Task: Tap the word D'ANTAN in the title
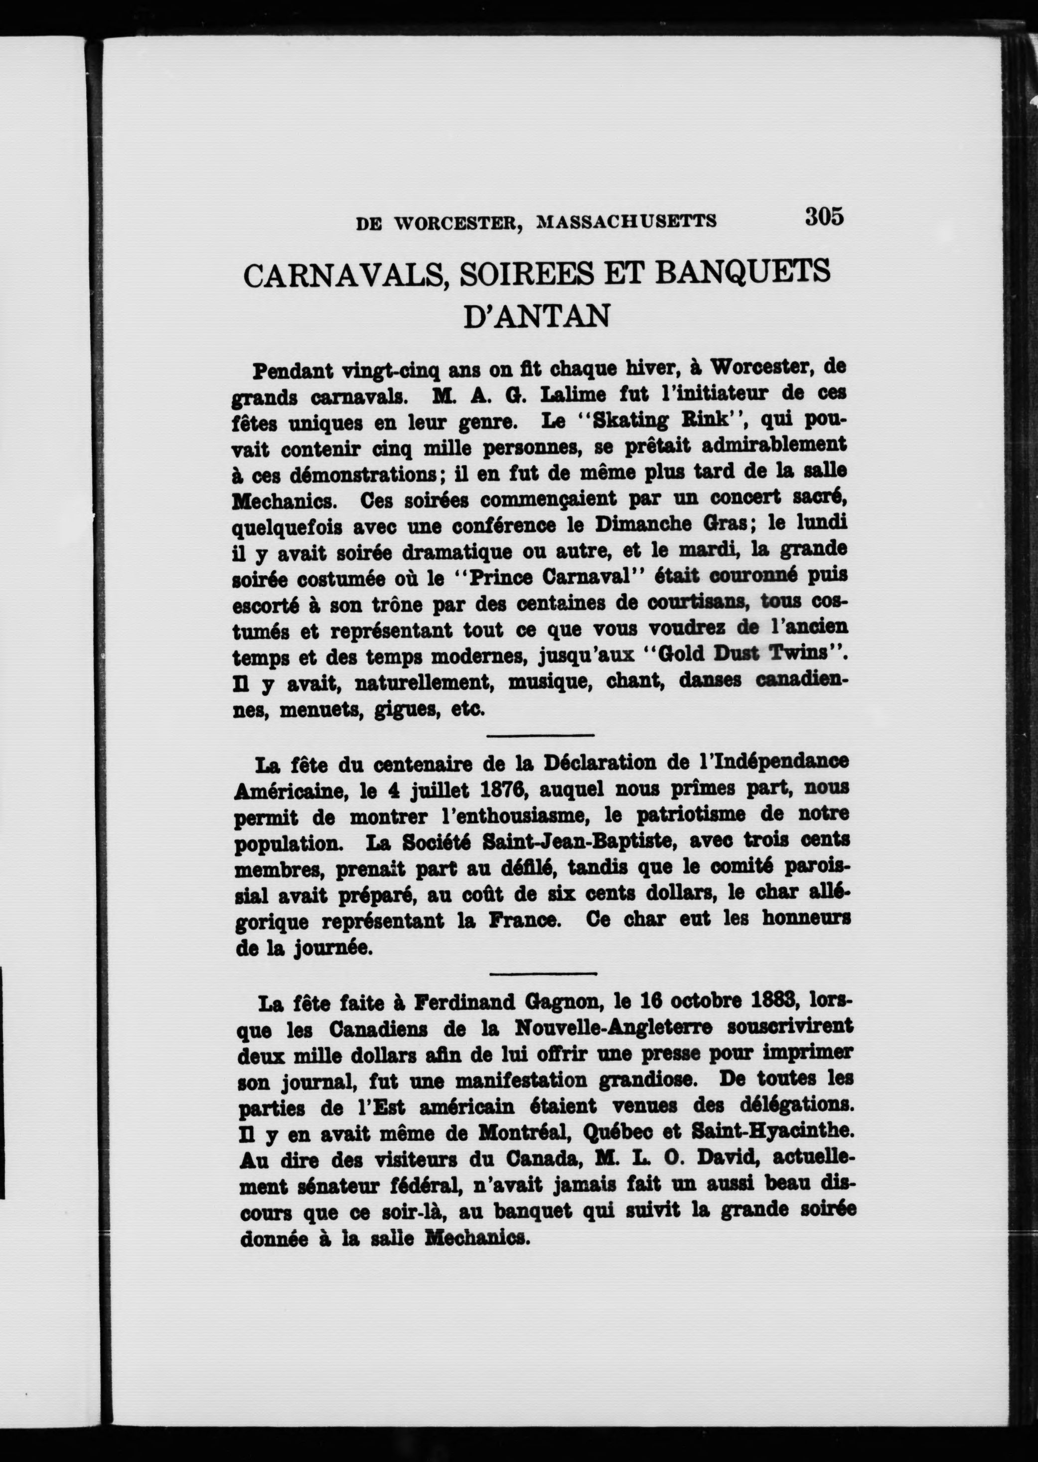(x=536, y=317)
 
